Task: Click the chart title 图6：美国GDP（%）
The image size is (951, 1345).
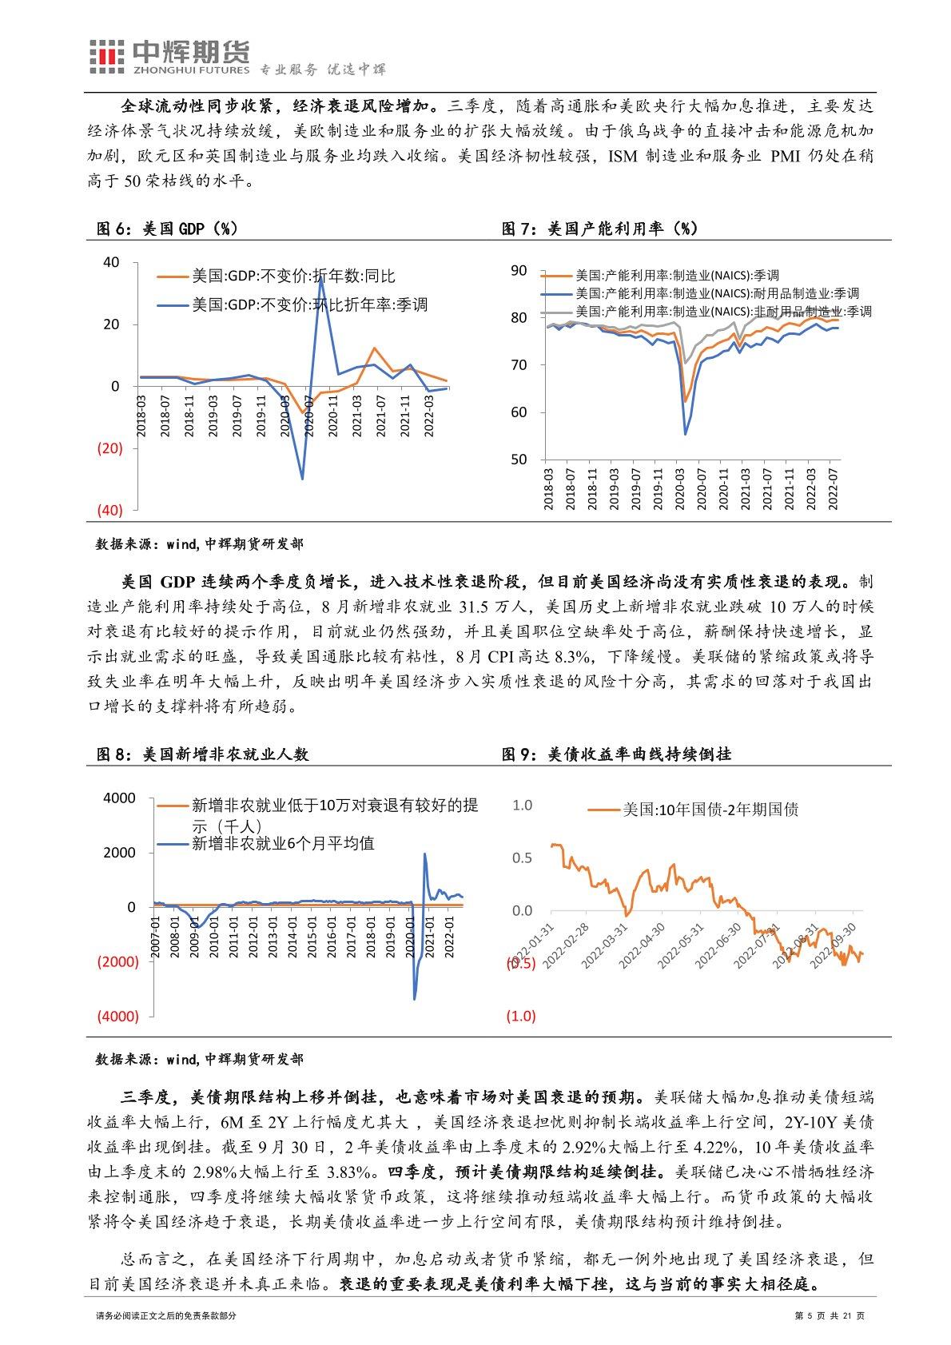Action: point(167,229)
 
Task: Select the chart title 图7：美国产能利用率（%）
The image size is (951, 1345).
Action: point(599,229)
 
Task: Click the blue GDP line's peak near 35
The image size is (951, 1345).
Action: point(321,277)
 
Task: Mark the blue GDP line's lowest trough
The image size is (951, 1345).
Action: point(302,479)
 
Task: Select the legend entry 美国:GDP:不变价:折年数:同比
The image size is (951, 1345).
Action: point(292,277)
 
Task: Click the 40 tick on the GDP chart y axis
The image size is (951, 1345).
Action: point(111,262)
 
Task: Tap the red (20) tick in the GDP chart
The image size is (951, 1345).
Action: point(109,448)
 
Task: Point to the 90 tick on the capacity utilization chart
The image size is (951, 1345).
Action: point(519,271)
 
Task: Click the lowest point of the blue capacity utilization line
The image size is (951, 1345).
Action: point(686,433)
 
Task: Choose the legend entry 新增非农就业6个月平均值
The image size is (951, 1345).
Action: point(283,843)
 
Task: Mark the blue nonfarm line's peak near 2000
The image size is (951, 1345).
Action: point(424,854)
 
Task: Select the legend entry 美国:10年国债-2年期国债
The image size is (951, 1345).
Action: point(710,810)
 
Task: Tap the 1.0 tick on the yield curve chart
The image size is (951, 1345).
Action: point(521,805)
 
